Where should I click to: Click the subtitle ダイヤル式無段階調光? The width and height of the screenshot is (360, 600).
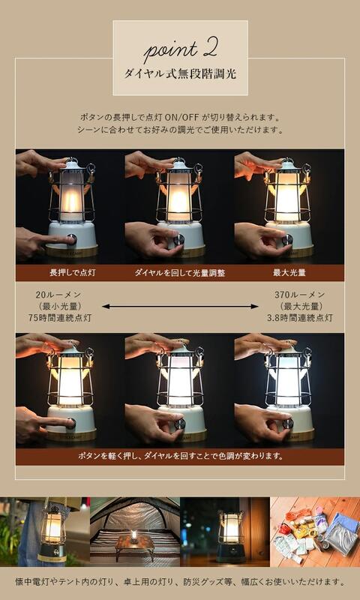[x=180, y=75]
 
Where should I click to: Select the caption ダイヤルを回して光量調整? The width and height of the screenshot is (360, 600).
[x=179, y=272]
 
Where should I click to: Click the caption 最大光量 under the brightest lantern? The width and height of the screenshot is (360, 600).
[x=288, y=272]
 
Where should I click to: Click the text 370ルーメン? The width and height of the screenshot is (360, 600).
[x=300, y=295]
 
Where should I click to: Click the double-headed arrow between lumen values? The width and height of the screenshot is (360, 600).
[x=180, y=306]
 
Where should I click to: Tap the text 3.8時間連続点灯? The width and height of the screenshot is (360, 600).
[x=300, y=318]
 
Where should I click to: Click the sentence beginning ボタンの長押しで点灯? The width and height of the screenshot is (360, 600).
[x=180, y=118]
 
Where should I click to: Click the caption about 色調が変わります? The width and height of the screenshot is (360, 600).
[x=180, y=456]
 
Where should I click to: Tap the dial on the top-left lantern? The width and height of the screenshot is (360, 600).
[x=73, y=240]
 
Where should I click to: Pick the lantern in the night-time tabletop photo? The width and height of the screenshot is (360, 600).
[x=230, y=534]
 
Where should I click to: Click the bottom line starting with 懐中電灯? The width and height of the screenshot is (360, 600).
[x=180, y=581]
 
